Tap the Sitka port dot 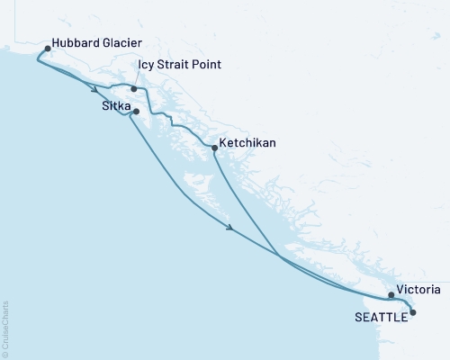[x=136, y=112]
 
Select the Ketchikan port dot [x=213, y=147]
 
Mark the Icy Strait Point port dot [x=133, y=89]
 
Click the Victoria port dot [x=391, y=295]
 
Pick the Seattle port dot [x=413, y=312]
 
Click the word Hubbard [x=76, y=42]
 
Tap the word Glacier [x=124, y=42]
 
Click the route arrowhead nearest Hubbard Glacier [x=94, y=88]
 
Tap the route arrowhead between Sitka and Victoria [x=232, y=229]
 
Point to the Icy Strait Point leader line [x=138, y=78]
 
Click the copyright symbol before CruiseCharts [x=6, y=350]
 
